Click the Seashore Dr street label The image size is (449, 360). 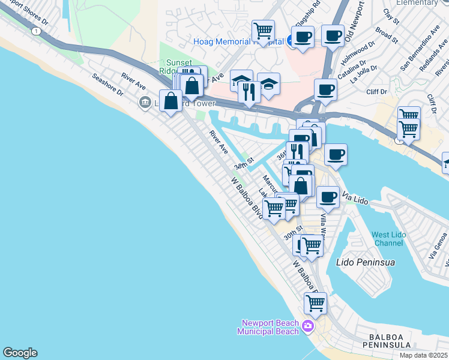(x=107, y=85)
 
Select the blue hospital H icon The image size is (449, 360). (x=291, y=41)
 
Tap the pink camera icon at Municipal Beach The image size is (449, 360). (x=308, y=327)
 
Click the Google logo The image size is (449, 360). (x=20, y=353)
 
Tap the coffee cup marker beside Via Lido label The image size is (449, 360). (x=328, y=196)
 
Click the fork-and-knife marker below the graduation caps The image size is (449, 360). (x=249, y=92)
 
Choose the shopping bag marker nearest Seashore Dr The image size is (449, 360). (x=171, y=100)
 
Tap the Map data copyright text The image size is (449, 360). (x=423, y=355)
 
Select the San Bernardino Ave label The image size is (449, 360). (x=415, y=53)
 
